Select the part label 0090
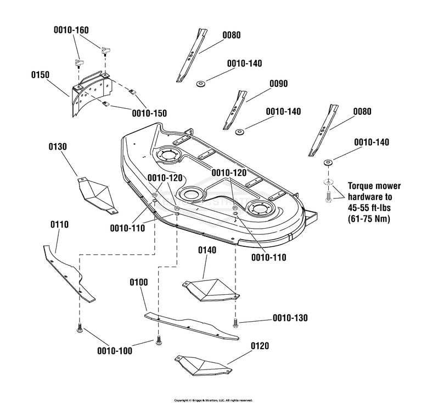click(279, 84)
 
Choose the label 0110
click(59, 224)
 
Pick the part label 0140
click(207, 250)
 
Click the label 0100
click(138, 282)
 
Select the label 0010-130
click(290, 318)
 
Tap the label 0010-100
click(115, 351)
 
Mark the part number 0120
click(260, 346)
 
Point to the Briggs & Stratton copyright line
click(213, 400)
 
